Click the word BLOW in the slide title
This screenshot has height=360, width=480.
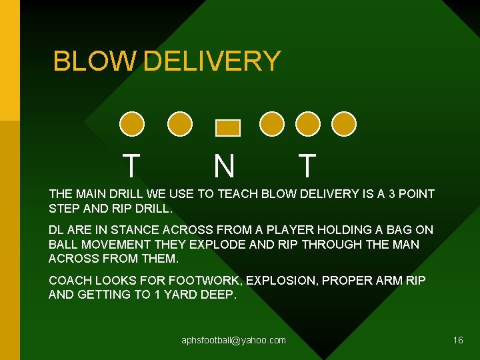[x=95, y=61]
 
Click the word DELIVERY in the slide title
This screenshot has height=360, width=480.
[x=212, y=61]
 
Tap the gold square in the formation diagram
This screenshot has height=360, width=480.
[x=228, y=127]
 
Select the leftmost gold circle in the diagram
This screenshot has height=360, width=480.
[x=132, y=123]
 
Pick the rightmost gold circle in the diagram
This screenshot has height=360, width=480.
[x=344, y=123]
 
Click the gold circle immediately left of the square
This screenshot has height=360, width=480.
[x=179, y=123]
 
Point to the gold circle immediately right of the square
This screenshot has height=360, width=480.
[x=271, y=123]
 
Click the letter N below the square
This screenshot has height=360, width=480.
[x=224, y=166]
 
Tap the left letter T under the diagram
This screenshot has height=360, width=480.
[x=132, y=165]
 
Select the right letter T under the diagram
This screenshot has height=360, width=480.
[x=307, y=165]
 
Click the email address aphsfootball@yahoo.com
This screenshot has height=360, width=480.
[x=233, y=340]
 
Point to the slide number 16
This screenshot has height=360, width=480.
[x=458, y=340]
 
